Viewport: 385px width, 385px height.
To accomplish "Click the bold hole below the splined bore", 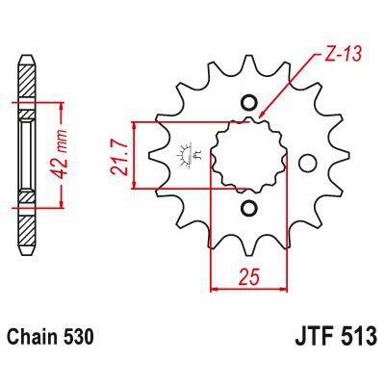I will click(x=247, y=207).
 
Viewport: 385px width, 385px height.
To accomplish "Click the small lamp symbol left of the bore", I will click(x=183, y=152).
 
